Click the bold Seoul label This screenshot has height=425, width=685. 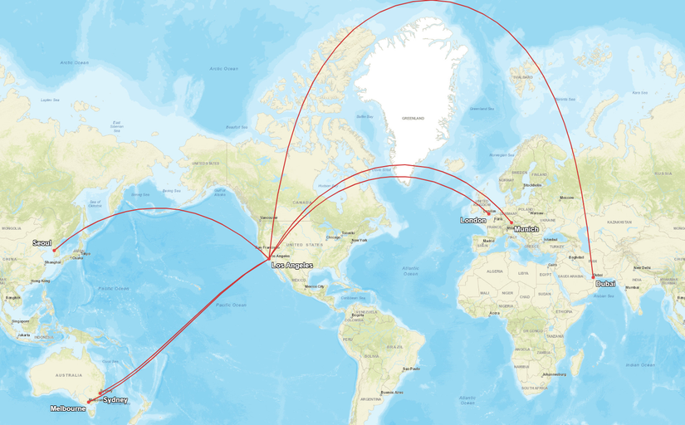tap(42, 242)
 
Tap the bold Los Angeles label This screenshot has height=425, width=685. tap(292, 266)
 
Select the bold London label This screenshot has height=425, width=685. tap(473, 220)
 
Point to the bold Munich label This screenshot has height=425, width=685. tap(526, 229)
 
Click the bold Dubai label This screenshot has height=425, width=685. tap(605, 284)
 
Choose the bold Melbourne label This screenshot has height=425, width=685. tap(67, 408)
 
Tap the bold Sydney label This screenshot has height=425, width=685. tap(115, 400)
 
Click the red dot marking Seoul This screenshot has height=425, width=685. tap(54, 250)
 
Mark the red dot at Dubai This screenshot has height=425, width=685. tap(593, 277)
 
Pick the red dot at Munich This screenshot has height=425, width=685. tap(510, 222)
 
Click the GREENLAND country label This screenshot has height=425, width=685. tap(413, 119)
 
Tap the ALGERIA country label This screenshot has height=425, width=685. tap(495, 271)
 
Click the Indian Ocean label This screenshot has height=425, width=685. tap(639, 364)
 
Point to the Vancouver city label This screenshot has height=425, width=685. tap(268, 217)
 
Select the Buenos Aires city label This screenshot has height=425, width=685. tap(392, 392)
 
